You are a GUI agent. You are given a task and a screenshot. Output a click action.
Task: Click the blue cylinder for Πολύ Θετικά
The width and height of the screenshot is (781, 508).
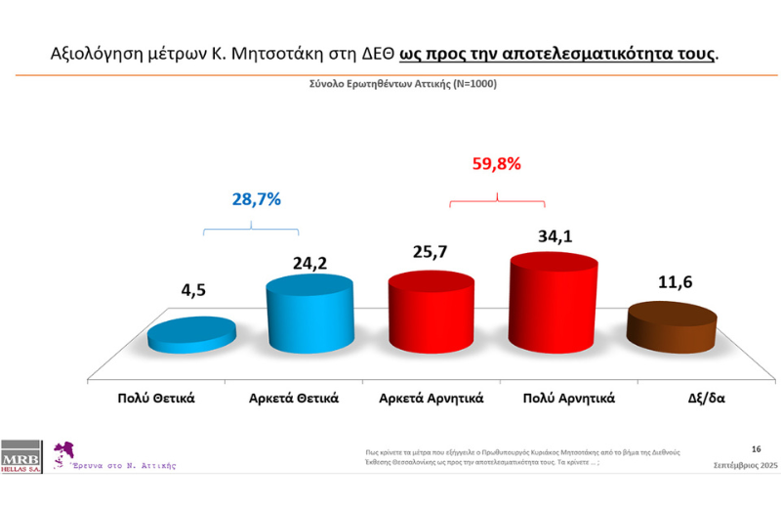coord(191,334)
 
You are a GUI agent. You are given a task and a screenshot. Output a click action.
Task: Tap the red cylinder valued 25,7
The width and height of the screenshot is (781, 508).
coord(431,310)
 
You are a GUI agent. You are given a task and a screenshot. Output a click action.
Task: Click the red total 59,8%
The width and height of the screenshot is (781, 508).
coord(496,164)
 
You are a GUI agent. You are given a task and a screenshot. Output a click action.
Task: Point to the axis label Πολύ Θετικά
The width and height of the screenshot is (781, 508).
coord(157,398)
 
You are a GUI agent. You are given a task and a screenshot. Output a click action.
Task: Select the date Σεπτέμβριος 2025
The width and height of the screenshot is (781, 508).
coord(745,466)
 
